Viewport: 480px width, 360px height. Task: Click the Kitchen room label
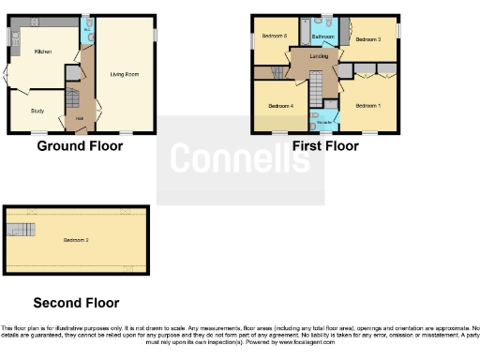pos(42,52)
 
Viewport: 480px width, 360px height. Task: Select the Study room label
pos(37,111)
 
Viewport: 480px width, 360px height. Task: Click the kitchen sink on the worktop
pos(15,38)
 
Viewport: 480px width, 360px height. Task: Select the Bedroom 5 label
pos(274,36)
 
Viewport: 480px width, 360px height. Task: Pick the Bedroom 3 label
pos(367,39)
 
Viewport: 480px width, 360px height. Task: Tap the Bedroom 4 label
pos(281,106)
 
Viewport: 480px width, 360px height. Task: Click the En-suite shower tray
pos(324,118)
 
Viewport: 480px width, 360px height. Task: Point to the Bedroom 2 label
pos(77,241)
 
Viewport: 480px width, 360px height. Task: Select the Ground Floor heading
pos(80,145)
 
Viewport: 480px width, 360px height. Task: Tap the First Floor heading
pos(325,145)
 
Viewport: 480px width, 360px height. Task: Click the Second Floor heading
pos(76,303)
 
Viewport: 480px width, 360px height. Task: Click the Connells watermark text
pos(240,159)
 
